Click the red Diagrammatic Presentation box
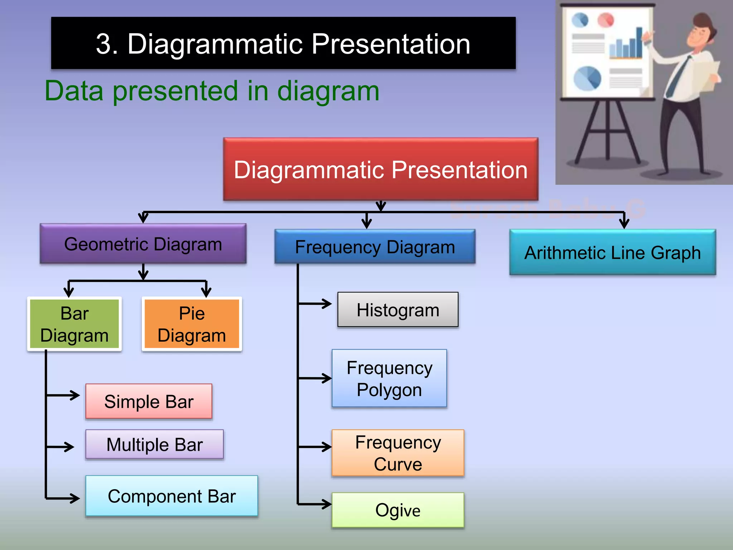click(380, 169)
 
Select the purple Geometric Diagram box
click(143, 244)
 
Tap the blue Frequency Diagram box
click(375, 247)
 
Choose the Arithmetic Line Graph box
click(612, 252)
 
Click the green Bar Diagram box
click(74, 324)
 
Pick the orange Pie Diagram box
click(192, 324)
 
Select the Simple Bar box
click(149, 401)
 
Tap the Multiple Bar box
click(154, 444)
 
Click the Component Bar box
click(171, 496)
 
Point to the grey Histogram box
click(398, 310)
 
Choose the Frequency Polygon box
click(389, 378)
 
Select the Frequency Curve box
click(398, 453)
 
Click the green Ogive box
click(398, 510)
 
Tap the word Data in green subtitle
click(74, 91)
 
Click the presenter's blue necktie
click(678, 77)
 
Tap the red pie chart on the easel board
click(606, 20)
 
